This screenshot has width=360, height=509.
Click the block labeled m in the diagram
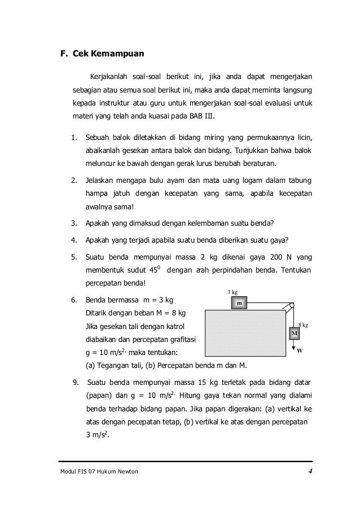[x=239, y=303]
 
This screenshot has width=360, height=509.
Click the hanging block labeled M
[x=294, y=334]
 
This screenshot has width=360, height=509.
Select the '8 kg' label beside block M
[x=304, y=325]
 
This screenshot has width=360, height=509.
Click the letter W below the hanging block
[x=300, y=350]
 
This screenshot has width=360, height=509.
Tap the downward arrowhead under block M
[x=293, y=347]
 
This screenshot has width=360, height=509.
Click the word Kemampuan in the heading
[x=118, y=55]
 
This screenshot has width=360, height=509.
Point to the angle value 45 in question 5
[x=151, y=270]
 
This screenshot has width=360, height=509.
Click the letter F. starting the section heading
[x=64, y=55]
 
